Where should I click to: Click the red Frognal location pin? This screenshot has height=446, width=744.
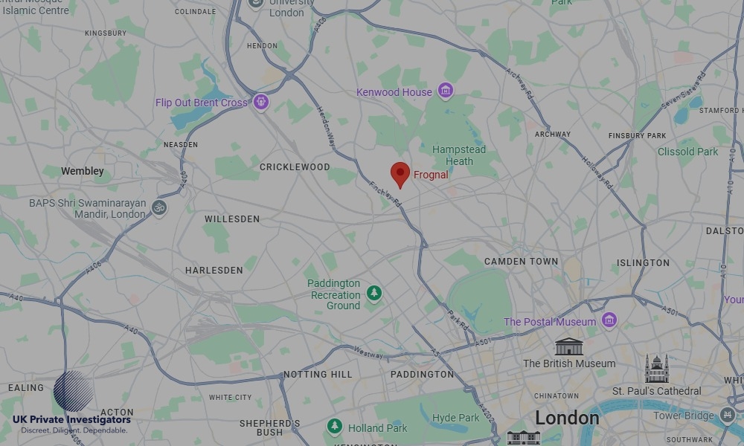click(400, 173)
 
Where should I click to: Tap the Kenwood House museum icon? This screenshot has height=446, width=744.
click(446, 91)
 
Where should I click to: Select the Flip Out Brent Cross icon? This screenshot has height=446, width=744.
click(260, 102)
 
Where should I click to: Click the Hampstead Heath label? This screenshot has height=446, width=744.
click(459, 155)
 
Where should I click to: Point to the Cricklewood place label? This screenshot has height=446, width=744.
click(295, 167)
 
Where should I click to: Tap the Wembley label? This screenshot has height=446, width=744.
click(83, 171)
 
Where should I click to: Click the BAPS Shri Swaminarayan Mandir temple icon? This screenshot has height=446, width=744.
click(158, 208)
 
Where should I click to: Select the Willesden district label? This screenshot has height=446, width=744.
click(232, 219)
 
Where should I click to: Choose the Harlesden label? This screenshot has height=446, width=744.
click(214, 271)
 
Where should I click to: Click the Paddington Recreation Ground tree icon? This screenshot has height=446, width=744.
click(374, 294)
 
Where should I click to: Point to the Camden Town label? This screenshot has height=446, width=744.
click(521, 262)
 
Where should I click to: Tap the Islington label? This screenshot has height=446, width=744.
click(643, 262)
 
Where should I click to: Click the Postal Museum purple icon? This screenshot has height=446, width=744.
click(609, 321)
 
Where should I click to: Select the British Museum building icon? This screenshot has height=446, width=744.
click(569, 347)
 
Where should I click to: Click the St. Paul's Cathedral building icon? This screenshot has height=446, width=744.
click(656, 369)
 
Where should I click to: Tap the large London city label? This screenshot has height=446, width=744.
click(567, 418)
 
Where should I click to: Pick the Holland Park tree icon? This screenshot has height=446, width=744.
click(335, 427)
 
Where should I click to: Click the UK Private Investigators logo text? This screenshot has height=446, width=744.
click(71, 420)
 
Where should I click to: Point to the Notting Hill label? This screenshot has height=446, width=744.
click(318, 374)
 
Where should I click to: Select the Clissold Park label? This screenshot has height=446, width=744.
click(688, 152)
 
